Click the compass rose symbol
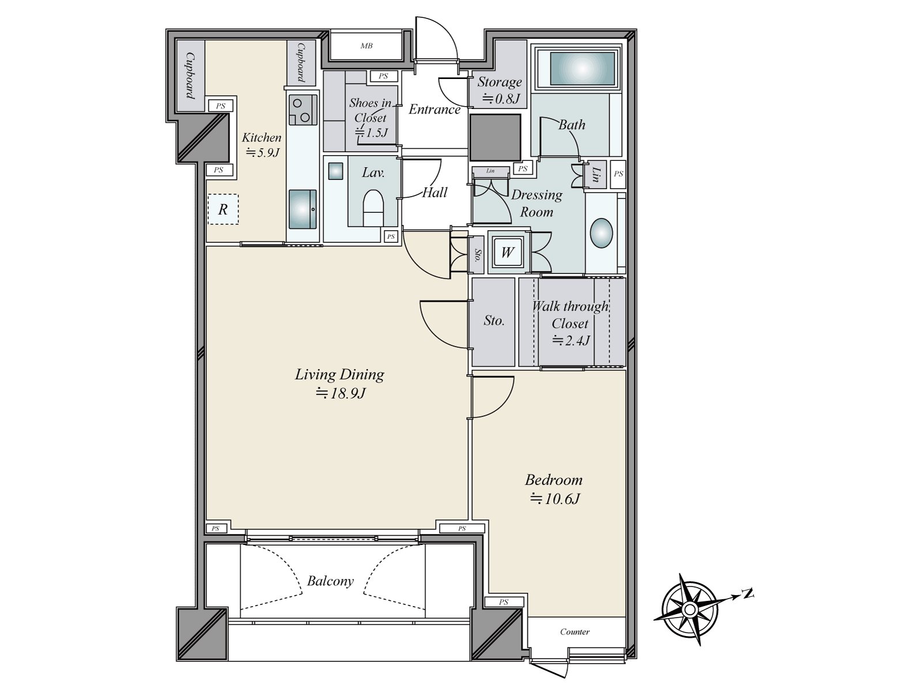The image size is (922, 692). tap(689, 608)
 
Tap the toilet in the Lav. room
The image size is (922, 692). tap(373, 208)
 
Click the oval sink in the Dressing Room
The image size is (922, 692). tap(601, 233)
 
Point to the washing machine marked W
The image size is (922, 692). tap(508, 252)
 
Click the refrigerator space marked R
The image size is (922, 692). tap(223, 209)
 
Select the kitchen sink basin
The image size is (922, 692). tap(303, 209)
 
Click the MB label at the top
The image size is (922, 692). tap(366, 46)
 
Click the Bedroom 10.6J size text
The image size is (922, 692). tap(555, 499)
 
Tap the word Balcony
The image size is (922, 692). tap(330, 581)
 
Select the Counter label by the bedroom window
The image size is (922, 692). tap(575, 631)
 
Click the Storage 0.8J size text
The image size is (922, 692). tap(501, 99)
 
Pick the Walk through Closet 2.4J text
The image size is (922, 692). tap(570, 323)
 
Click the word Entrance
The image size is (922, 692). tap(434, 109)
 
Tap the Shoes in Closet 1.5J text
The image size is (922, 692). tap(370, 118)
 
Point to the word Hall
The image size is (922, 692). tap(434, 193)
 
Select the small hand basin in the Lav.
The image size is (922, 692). tap(335, 171)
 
